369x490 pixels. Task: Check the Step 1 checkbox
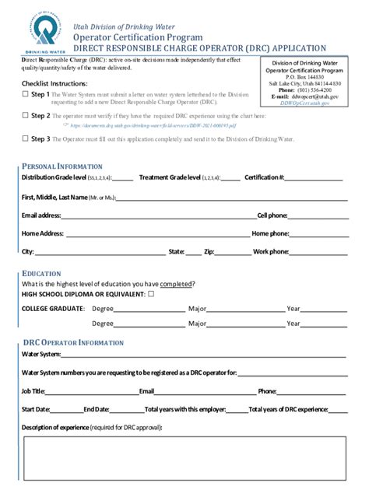25,95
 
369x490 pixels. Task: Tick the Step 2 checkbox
25,116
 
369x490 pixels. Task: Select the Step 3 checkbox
25,139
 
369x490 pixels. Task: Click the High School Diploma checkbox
151,294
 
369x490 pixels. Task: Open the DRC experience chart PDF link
163,124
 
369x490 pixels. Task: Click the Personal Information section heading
61,166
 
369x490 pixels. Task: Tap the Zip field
231,253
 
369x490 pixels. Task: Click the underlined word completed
177,284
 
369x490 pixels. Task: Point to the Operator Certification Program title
138,37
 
